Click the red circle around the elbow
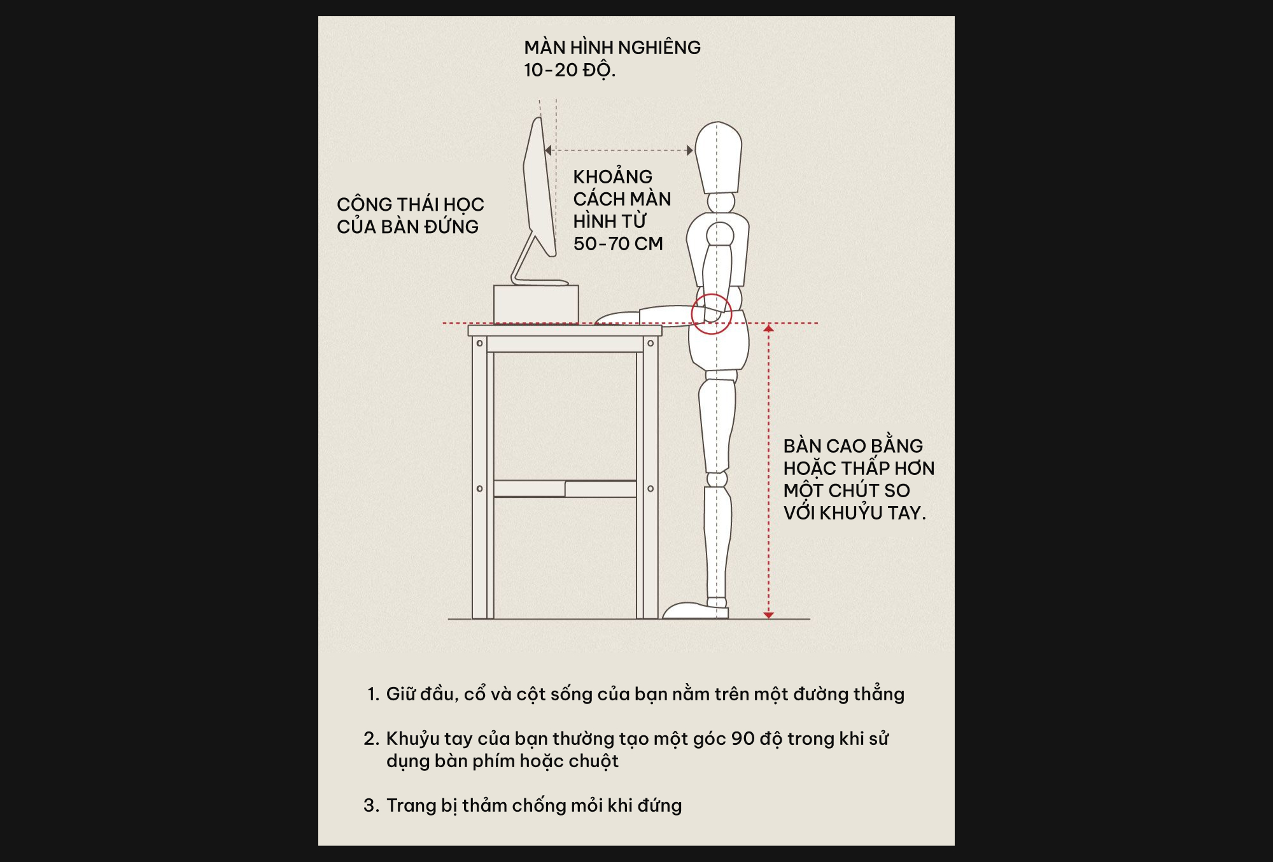click(x=712, y=314)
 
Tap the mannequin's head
click(x=718, y=157)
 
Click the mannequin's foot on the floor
click(x=695, y=610)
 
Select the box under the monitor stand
click(x=536, y=304)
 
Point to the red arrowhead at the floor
click(x=768, y=615)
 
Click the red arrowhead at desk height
click(x=768, y=328)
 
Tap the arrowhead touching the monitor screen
click(x=548, y=151)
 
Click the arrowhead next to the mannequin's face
click(x=690, y=151)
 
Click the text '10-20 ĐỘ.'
click(x=570, y=70)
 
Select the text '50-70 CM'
click(x=618, y=244)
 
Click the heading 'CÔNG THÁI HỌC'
click(x=411, y=204)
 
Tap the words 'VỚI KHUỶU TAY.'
click(x=855, y=512)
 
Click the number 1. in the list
click(x=374, y=694)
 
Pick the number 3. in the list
click(x=372, y=805)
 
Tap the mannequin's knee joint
click(x=717, y=479)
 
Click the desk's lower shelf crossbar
click(x=565, y=488)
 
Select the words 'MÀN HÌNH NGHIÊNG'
click(x=612, y=47)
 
